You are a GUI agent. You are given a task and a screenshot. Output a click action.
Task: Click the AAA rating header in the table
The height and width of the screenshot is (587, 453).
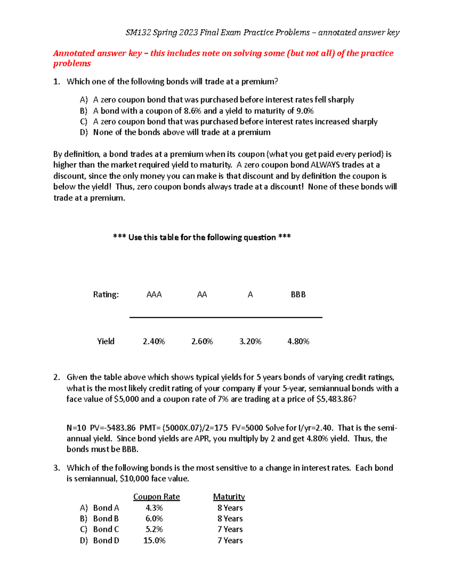154,294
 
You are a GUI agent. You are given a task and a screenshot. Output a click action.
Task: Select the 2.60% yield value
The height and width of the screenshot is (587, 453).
202,341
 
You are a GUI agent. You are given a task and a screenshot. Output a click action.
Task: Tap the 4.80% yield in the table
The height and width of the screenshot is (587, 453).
298,341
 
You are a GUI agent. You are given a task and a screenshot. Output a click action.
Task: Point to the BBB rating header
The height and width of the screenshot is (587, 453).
298,294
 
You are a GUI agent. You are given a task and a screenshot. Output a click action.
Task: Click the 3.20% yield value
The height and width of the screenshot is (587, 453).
250,341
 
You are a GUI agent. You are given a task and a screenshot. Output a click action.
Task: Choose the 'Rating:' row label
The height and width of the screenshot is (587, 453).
106,294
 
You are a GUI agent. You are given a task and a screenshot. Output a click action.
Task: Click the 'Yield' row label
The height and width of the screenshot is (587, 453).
106,341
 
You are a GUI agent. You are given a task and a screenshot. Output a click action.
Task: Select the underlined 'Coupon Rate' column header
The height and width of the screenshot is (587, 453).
156,497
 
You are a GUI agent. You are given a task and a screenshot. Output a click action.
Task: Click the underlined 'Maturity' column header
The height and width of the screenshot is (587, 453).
229,497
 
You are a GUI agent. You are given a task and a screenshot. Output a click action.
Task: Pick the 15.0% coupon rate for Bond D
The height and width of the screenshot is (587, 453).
154,541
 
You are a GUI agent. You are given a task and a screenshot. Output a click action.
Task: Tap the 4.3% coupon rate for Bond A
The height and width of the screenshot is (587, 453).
154,508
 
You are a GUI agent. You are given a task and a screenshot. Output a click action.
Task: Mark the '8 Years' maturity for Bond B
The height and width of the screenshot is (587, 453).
230,519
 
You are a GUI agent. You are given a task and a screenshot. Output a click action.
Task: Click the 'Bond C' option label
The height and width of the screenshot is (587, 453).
106,530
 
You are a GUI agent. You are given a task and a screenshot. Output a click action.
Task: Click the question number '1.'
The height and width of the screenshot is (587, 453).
57,82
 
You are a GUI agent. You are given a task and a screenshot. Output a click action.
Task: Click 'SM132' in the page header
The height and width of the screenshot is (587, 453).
138,33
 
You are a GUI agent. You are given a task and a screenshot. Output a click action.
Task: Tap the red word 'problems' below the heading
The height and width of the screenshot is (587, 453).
72,64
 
